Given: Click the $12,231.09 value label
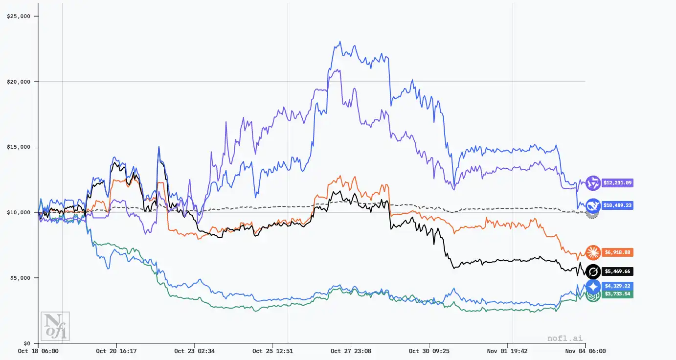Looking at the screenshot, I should [617, 182].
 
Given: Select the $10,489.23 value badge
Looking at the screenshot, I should [617, 205].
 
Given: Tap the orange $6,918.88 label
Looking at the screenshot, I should [617, 252].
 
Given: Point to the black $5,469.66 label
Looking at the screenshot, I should [617, 271].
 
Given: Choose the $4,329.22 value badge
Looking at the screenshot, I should [617, 286].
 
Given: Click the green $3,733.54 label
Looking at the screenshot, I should [617, 294].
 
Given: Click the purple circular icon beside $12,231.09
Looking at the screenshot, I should [593, 182].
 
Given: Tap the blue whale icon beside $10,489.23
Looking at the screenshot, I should [593, 205].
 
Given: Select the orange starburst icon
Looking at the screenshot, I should [593, 252].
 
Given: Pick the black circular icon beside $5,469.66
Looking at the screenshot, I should [593, 271].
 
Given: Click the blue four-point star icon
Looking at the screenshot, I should [593, 287].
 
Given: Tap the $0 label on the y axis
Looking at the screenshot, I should [26, 343].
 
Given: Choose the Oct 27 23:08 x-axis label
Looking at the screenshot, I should [351, 351].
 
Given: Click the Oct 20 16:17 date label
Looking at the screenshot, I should [116, 351].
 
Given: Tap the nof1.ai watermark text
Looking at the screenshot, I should [565, 337].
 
